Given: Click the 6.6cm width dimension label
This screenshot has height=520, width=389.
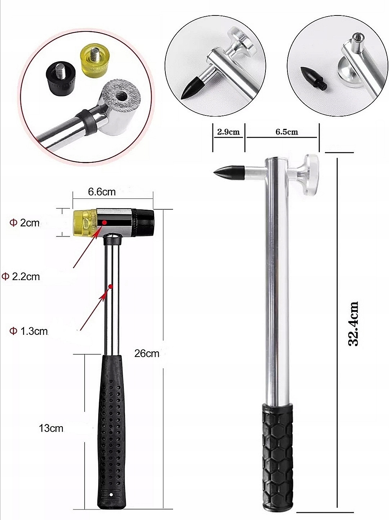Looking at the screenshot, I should [102, 192].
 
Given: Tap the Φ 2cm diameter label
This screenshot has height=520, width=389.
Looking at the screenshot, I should [24, 223].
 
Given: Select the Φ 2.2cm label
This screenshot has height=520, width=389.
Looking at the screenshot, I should [21, 277].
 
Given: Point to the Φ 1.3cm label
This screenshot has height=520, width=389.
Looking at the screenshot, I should [28, 331].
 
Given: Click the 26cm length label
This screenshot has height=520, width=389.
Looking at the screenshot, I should [147, 353].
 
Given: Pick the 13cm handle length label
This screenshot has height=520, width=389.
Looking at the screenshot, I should [51, 428].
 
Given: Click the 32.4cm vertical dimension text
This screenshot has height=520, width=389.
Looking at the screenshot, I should [353, 324].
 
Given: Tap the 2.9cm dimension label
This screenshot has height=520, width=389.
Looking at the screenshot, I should [228, 132].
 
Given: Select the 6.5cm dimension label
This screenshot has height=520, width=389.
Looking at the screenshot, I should [287, 132].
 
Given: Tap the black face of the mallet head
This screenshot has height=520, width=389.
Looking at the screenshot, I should [145, 223].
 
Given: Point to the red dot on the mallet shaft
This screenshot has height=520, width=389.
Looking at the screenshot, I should [111, 287].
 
